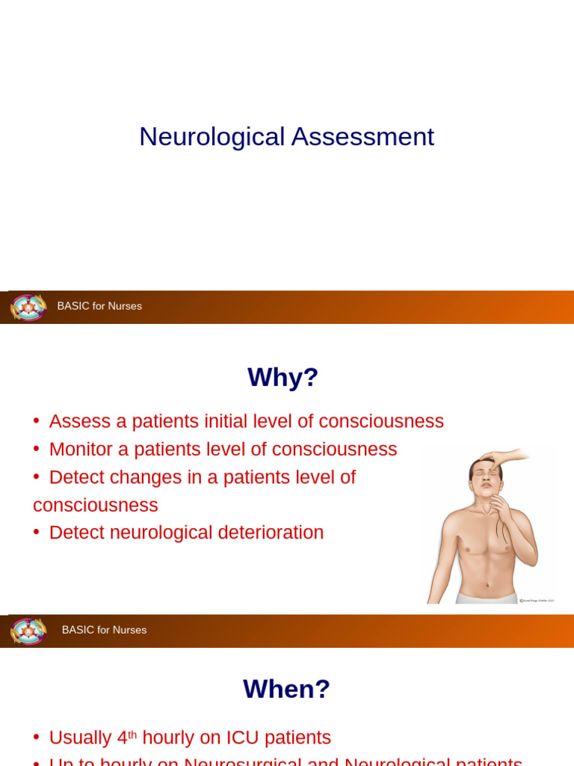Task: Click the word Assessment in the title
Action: coord(362,137)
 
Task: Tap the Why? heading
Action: coord(283,377)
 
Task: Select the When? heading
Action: coord(286,689)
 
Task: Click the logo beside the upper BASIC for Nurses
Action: coord(28,307)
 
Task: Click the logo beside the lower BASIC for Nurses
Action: coord(28,631)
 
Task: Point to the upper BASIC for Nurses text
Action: coord(99,306)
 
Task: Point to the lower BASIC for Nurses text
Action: coord(104,630)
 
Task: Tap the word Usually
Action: coord(81,738)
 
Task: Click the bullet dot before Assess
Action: coord(37,421)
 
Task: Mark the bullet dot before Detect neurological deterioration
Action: coord(37,533)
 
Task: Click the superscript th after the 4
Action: coord(132,734)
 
